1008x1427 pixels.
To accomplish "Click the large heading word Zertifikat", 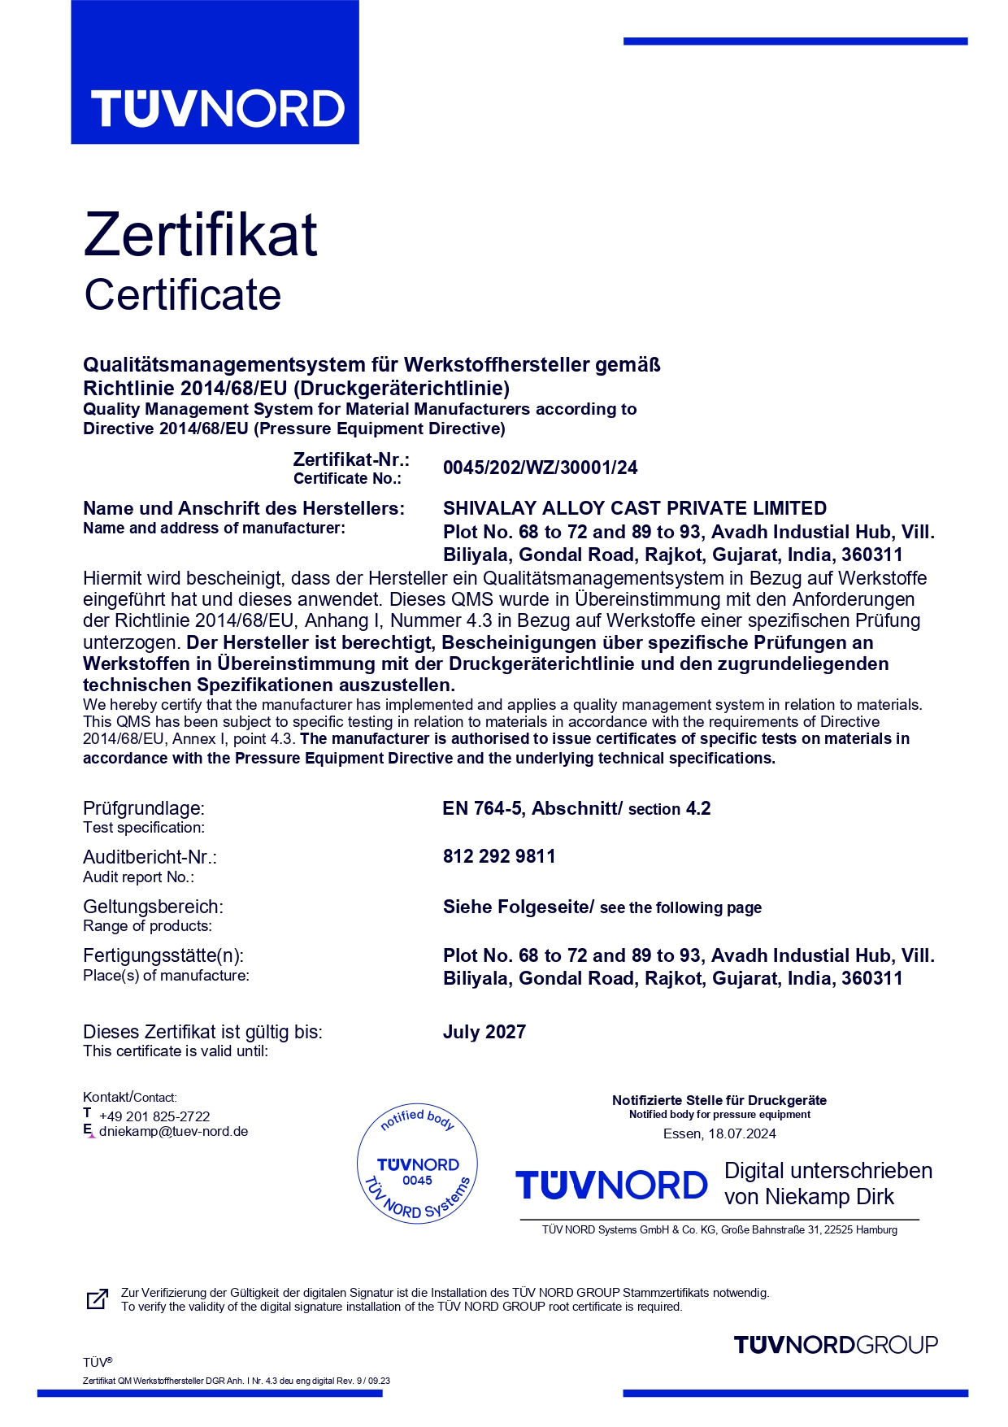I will [200, 235].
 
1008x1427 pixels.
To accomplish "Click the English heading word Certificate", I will [183, 294].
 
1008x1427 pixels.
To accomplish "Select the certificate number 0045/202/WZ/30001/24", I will [540, 468].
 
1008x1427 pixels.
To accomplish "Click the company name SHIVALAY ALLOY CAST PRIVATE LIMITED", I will [634, 508].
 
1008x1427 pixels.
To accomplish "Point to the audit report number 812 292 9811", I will [499, 856].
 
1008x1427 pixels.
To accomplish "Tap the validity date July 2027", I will [484, 1032].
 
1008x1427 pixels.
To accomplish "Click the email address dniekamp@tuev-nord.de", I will [173, 1131].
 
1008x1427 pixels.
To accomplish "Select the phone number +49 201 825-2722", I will [154, 1116].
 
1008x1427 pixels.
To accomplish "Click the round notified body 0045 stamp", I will [417, 1164].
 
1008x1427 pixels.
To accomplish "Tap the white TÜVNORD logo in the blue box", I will [217, 109].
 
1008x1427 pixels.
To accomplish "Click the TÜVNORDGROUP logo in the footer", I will [836, 1345].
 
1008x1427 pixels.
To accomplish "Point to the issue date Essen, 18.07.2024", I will [719, 1133].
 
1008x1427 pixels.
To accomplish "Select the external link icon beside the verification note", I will [97, 1299].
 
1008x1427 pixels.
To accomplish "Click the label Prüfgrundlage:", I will [144, 808].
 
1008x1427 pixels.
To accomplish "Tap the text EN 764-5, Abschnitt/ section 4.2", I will [576, 808].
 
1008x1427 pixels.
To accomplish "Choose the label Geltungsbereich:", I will [153, 907].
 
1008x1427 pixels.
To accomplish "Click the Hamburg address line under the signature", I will [719, 1230].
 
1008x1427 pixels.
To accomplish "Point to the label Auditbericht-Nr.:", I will [150, 857].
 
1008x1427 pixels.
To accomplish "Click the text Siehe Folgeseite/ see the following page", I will [602, 907].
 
